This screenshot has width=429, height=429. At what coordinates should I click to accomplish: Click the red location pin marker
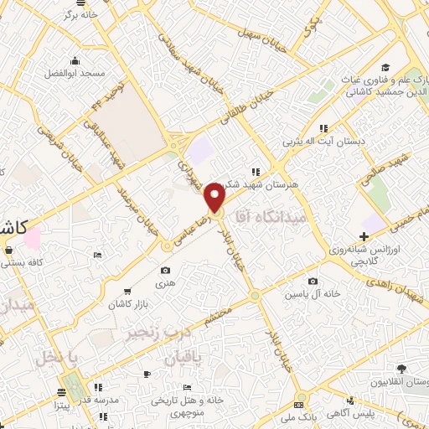click(x=215, y=198)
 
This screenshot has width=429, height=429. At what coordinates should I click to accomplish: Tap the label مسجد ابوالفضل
click(x=75, y=74)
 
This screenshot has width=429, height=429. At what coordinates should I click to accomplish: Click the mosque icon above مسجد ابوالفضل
click(x=76, y=59)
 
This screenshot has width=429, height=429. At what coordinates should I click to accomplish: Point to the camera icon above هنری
click(x=166, y=270)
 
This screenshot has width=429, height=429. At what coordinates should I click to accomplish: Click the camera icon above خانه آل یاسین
click(x=313, y=282)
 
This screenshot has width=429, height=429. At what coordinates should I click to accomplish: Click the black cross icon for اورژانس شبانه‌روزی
click(x=364, y=237)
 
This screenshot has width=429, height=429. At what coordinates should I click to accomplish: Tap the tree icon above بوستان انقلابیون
click(x=402, y=369)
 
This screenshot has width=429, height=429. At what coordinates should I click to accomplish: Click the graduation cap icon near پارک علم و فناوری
click(x=385, y=68)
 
